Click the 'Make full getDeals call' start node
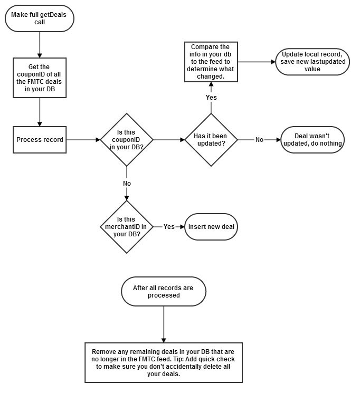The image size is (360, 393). (40, 18)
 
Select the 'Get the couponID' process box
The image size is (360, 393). (40, 78)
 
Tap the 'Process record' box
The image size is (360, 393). (40, 140)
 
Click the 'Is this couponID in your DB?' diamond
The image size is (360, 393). (127, 140)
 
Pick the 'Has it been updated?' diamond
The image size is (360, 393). (211, 140)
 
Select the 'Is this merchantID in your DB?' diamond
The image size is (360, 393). (127, 226)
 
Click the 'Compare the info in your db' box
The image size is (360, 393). (211, 62)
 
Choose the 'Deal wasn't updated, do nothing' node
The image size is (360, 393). (312, 140)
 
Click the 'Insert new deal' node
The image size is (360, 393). (211, 227)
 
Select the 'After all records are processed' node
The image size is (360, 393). (164, 291)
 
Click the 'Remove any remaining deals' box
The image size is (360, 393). (164, 362)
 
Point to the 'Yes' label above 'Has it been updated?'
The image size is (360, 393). (211, 97)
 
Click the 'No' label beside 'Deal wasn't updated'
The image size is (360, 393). (259, 140)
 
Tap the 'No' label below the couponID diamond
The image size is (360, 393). (127, 183)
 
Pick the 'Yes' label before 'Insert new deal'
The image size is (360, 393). (169, 227)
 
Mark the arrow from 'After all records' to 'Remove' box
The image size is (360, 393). (164, 323)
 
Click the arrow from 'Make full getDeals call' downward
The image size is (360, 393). (40, 43)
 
